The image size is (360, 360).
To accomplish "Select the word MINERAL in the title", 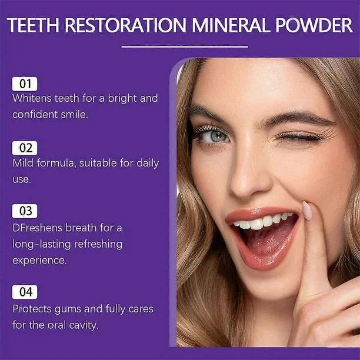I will point(225,26).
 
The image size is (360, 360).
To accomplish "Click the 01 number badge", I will point(25,84).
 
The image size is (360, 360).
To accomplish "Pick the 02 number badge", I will point(25,148).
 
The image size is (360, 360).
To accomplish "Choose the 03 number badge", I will point(25,211).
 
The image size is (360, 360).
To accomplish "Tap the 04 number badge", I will point(25,292).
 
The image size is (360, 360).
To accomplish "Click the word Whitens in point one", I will point(33,98).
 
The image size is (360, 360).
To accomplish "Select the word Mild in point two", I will point(23,163).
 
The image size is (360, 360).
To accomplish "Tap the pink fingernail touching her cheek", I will point(307,210).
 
